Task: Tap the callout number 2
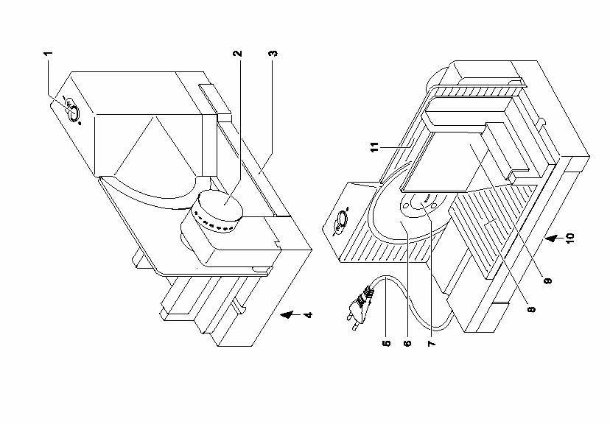pos(238,53)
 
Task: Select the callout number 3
pos(274,53)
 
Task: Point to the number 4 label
pos(308,314)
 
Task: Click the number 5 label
pos(387,343)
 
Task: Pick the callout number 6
pos(407,343)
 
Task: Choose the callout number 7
pos(431,343)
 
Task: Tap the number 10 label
pos(569,238)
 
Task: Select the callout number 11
pos(374,147)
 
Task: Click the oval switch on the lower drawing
pos(341,220)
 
